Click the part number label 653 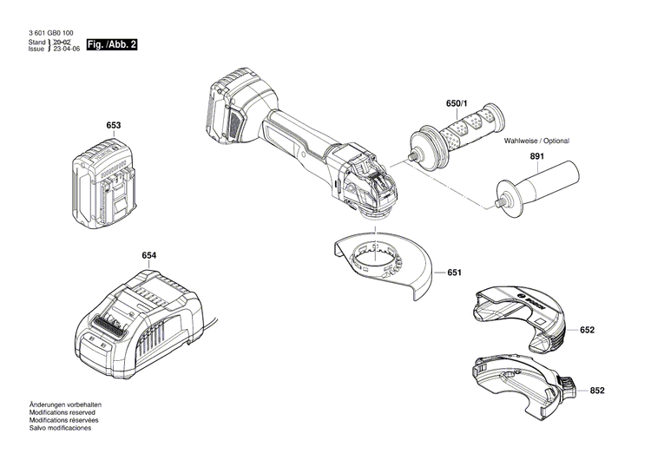click(113, 126)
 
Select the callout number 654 click(149, 256)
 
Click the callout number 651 click(454, 273)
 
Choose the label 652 click(588, 331)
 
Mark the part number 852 click(597, 391)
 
